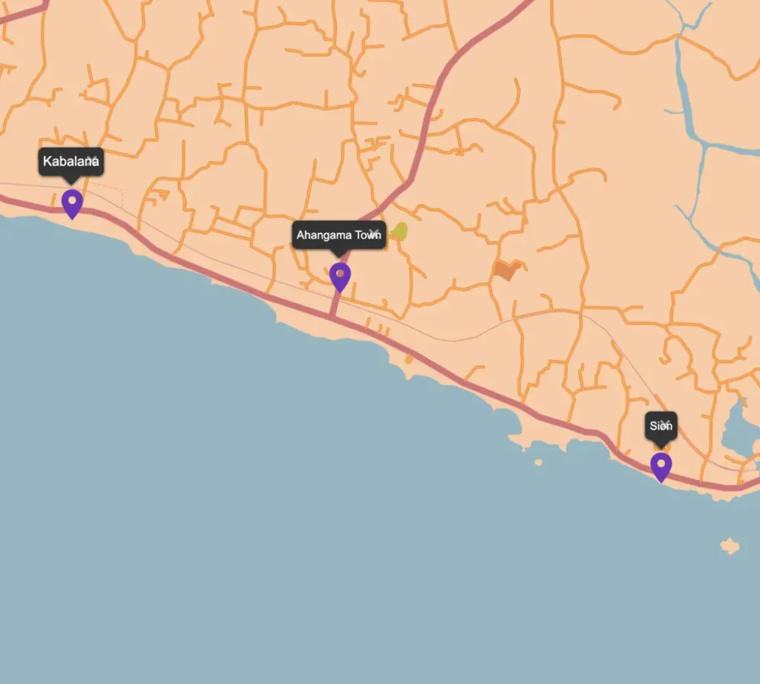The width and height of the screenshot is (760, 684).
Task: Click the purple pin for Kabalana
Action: [x=72, y=203]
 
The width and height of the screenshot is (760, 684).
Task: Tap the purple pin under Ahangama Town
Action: [x=340, y=276]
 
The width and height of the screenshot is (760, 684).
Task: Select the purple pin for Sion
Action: [x=661, y=466]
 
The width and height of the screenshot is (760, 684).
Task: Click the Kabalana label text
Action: [x=65, y=161]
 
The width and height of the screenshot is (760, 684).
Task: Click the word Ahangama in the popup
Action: [x=321, y=235]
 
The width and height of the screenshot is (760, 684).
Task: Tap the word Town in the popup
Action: [x=365, y=235]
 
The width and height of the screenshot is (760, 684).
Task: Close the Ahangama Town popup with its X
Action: [x=374, y=233]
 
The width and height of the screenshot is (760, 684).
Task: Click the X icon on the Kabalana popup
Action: [x=92, y=160]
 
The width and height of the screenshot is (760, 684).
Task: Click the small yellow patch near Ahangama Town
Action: [x=399, y=231]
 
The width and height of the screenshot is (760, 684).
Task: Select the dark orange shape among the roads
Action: [x=506, y=270]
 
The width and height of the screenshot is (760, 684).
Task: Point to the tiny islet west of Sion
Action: [x=538, y=462]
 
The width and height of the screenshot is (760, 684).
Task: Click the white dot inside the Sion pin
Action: [x=661, y=462]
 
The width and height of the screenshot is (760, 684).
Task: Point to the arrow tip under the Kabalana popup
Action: [x=71, y=182]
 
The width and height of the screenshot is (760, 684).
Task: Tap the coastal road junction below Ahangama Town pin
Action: [x=333, y=317]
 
